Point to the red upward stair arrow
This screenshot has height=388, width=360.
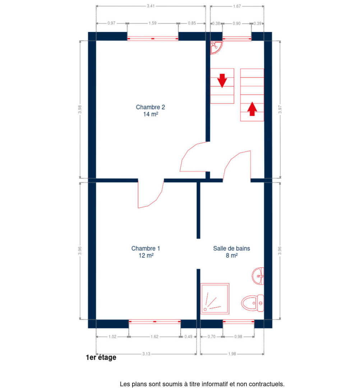tap(252, 109)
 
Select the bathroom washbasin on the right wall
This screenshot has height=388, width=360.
tap(258, 276)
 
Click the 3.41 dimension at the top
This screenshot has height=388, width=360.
tap(151, 6)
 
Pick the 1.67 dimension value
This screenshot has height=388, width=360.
tap(237, 6)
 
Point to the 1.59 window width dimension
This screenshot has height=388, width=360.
tap(153, 23)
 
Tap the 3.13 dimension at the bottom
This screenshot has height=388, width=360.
tap(146, 354)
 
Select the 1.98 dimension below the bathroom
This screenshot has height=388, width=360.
tap(232, 354)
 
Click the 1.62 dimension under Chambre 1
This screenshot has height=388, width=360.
tap(154, 337)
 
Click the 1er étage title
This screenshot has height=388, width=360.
tap(101, 357)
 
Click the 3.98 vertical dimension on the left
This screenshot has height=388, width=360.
tap(80, 109)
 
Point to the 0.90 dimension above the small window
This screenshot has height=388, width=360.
tap(237, 23)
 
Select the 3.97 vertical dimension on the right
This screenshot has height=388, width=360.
tap(280, 109)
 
